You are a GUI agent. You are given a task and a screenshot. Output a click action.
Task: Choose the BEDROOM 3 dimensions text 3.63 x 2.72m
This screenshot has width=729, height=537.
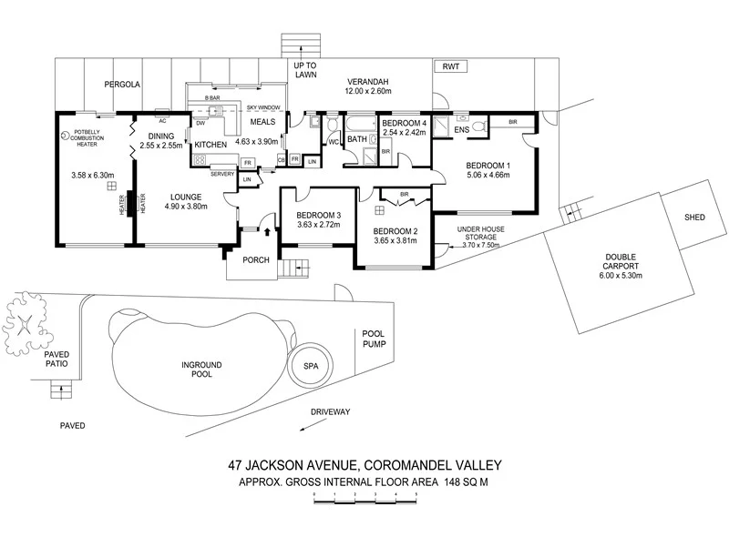[318, 226]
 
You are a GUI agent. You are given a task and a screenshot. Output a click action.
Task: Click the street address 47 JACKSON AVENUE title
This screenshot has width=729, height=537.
[364, 465]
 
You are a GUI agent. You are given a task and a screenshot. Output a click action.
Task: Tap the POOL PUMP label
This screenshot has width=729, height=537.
[374, 339]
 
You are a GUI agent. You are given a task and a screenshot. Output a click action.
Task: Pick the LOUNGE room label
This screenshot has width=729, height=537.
[185, 196]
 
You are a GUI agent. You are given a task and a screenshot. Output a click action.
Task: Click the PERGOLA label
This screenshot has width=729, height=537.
[120, 84]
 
